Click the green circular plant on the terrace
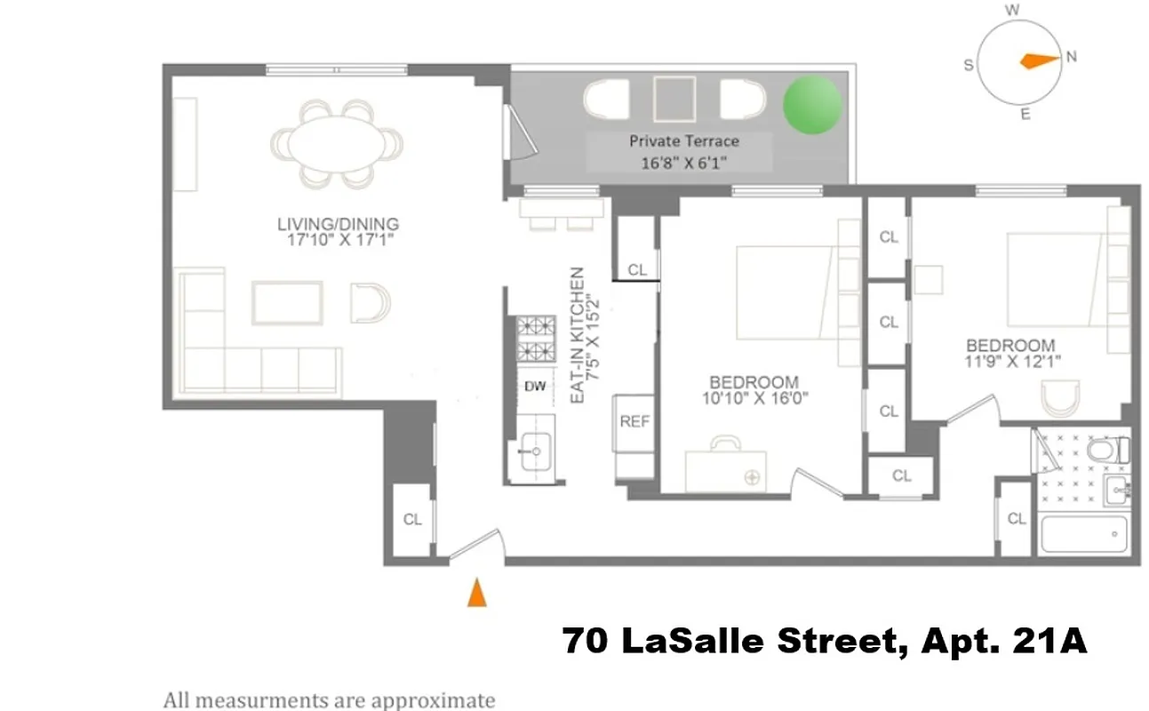click(x=811, y=104)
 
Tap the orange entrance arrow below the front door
click(x=477, y=593)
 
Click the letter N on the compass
click(x=1071, y=57)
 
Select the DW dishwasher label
click(x=535, y=387)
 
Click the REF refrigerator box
click(x=634, y=422)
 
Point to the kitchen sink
click(x=535, y=451)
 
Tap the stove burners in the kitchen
click(x=536, y=338)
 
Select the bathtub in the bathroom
click(x=1082, y=534)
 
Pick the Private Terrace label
click(x=683, y=141)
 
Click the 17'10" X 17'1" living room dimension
click(x=337, y=241)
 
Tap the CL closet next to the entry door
click(x=412, y=520)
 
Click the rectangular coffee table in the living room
click(x=287, y=303)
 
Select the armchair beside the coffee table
click(x=370, y=303)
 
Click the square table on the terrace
click(x=674, y=99)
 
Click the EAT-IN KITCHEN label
click(x=576, y=336)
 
